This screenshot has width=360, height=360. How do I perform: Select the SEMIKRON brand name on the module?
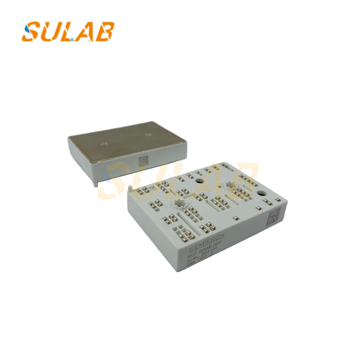207,242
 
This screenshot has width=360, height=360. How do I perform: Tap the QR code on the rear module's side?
143,161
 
